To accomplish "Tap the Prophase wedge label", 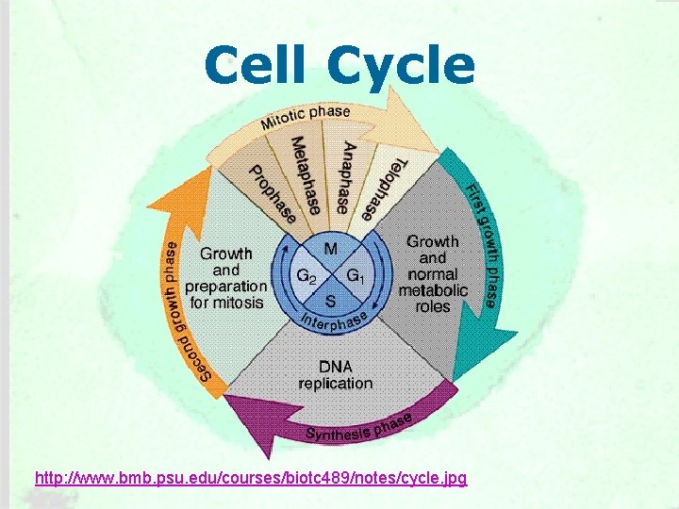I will point(273,194).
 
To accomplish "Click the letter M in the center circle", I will point(331,249).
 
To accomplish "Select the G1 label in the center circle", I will point(355,276).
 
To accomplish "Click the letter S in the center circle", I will point(330,301).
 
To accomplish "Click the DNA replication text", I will point(335,374).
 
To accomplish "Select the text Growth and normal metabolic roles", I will point(432,273).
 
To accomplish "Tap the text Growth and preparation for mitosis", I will point(225,277).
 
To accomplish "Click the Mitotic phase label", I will point(305,118).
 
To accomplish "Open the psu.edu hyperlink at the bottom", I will point(250,479).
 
